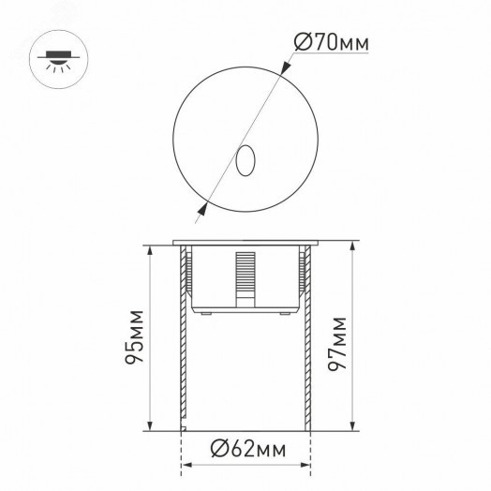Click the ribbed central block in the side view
tap(245, 275)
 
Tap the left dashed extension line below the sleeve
tap(179, 454)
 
